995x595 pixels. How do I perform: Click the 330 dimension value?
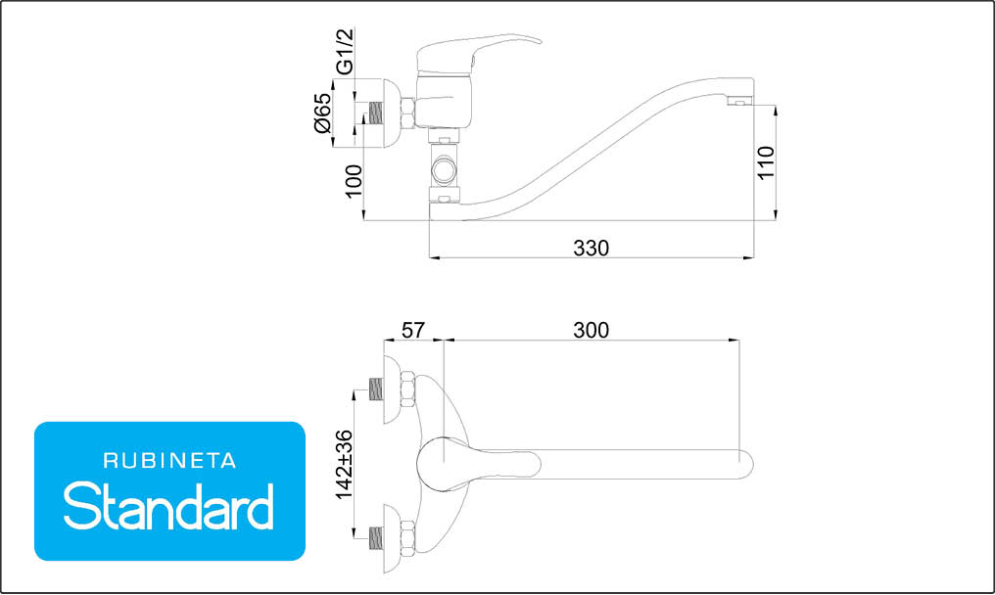(591, 248)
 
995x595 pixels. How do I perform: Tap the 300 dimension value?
(591, 331)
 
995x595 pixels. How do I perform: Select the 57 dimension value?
(412, 331)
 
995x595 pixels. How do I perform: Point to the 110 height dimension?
(766, 163)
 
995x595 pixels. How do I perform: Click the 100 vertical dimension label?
(354, 181)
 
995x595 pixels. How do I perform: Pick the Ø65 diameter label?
(322, 113)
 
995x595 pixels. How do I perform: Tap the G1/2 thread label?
(344, 52)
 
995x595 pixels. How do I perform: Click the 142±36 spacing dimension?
(344, 465)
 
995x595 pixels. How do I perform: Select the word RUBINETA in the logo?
(169, 461)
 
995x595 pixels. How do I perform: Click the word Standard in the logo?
(168, 506)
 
